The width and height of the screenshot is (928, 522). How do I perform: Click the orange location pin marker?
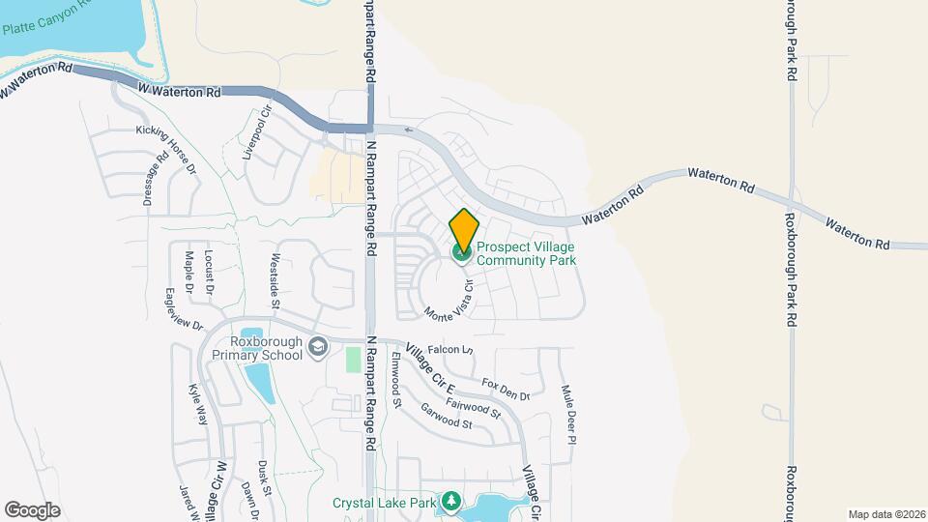coord(464,230)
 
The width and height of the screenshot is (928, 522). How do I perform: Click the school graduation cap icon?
coord(317,347)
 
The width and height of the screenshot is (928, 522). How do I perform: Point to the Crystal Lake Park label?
coord(385,503)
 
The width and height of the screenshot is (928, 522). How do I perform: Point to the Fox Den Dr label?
coord(506,389)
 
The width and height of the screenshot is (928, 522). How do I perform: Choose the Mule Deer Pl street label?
coord(568,414)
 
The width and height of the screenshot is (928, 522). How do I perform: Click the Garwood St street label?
coord(447,417)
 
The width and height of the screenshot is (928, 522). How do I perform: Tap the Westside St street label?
coord(275,280)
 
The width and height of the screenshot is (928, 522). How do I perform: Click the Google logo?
coord(32,509)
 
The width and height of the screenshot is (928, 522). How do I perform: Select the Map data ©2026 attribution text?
coord(885,514)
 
